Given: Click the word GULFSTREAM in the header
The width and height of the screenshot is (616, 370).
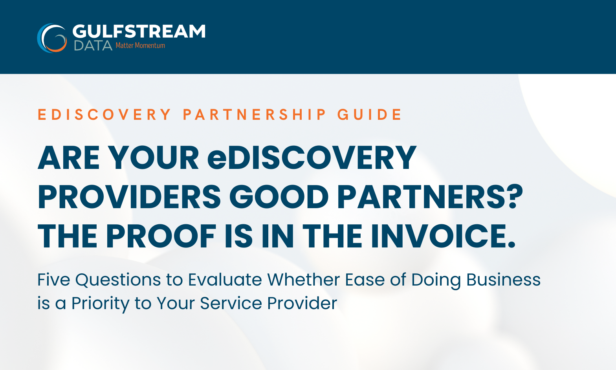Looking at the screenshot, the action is [x=139, y=31].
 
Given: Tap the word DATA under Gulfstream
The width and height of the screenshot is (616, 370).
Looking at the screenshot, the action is [x=93, y=46].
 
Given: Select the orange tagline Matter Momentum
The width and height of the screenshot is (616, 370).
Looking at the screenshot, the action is [x=140, y=45].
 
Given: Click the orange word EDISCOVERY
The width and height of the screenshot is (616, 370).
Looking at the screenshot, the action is [x=104, y=114].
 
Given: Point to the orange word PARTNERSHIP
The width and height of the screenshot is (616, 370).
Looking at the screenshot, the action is [x=254, y=114].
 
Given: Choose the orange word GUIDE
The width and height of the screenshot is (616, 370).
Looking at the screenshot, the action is [x=369, y=114].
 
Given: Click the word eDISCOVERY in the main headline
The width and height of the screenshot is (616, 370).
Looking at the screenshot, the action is [x=312, y=158].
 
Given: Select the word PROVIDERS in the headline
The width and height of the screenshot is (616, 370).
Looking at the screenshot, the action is [x=129, y=197].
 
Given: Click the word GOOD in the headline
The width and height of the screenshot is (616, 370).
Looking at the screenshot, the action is [x=279, y=197].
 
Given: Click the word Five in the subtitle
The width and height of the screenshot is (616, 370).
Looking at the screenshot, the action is [x=53, y=280].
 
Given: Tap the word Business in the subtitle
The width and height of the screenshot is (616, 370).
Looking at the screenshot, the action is [x=503, y=280].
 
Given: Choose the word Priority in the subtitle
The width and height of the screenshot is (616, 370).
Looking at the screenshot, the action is [x=100, y=304].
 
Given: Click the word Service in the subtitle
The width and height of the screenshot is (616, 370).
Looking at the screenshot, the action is [x=231, y=303].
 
